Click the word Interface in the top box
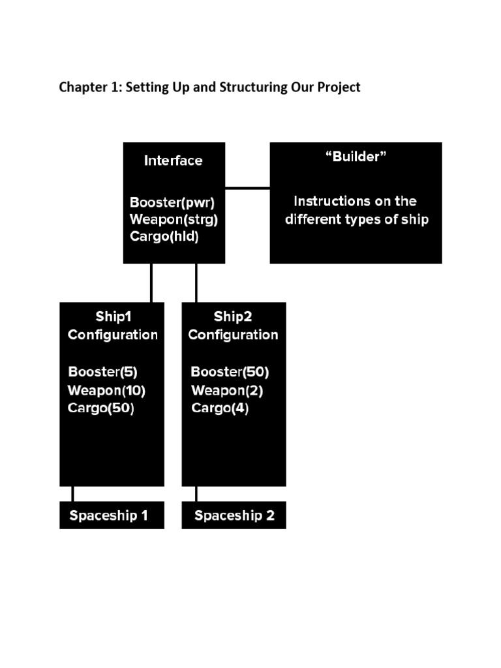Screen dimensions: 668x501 (174, 160)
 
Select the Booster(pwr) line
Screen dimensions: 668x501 (173, 201)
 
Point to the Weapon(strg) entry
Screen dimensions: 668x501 (174, 219)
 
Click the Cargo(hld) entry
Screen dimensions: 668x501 (164, 236)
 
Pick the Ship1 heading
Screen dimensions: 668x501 (114, 316)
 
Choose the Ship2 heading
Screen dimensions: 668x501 (233, 316)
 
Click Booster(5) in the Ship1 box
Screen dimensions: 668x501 (103, 372)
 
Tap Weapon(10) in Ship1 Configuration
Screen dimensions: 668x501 (106, 390)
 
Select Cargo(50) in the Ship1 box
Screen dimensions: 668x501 (101, 408)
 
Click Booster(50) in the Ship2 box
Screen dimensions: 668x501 (230, 372)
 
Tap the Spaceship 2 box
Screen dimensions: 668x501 (234, 515)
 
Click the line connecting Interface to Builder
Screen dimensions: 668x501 (247, 188)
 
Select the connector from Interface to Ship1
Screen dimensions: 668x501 (151, 282)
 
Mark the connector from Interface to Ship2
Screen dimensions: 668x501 (196, 282)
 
